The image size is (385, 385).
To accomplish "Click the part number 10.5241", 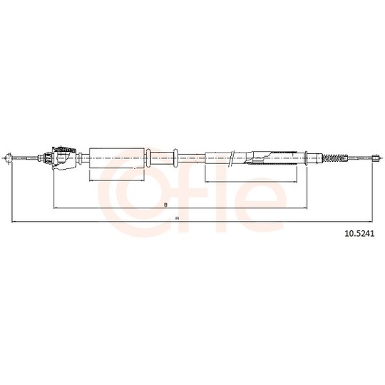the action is point(359,234).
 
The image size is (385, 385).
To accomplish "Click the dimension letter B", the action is point(165,205).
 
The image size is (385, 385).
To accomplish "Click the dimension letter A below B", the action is point(177,218).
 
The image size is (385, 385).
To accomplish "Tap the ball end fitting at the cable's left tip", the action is point(9,158).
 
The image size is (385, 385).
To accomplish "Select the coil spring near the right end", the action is point(333,158).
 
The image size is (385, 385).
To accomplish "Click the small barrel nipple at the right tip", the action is point(375,158).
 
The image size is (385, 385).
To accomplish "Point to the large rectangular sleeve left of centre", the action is point(117,158).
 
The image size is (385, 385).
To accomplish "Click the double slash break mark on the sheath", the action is point(232,158).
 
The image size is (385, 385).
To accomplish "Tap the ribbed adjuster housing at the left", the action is point(63,158).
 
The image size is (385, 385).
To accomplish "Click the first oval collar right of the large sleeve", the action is point(148,158).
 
